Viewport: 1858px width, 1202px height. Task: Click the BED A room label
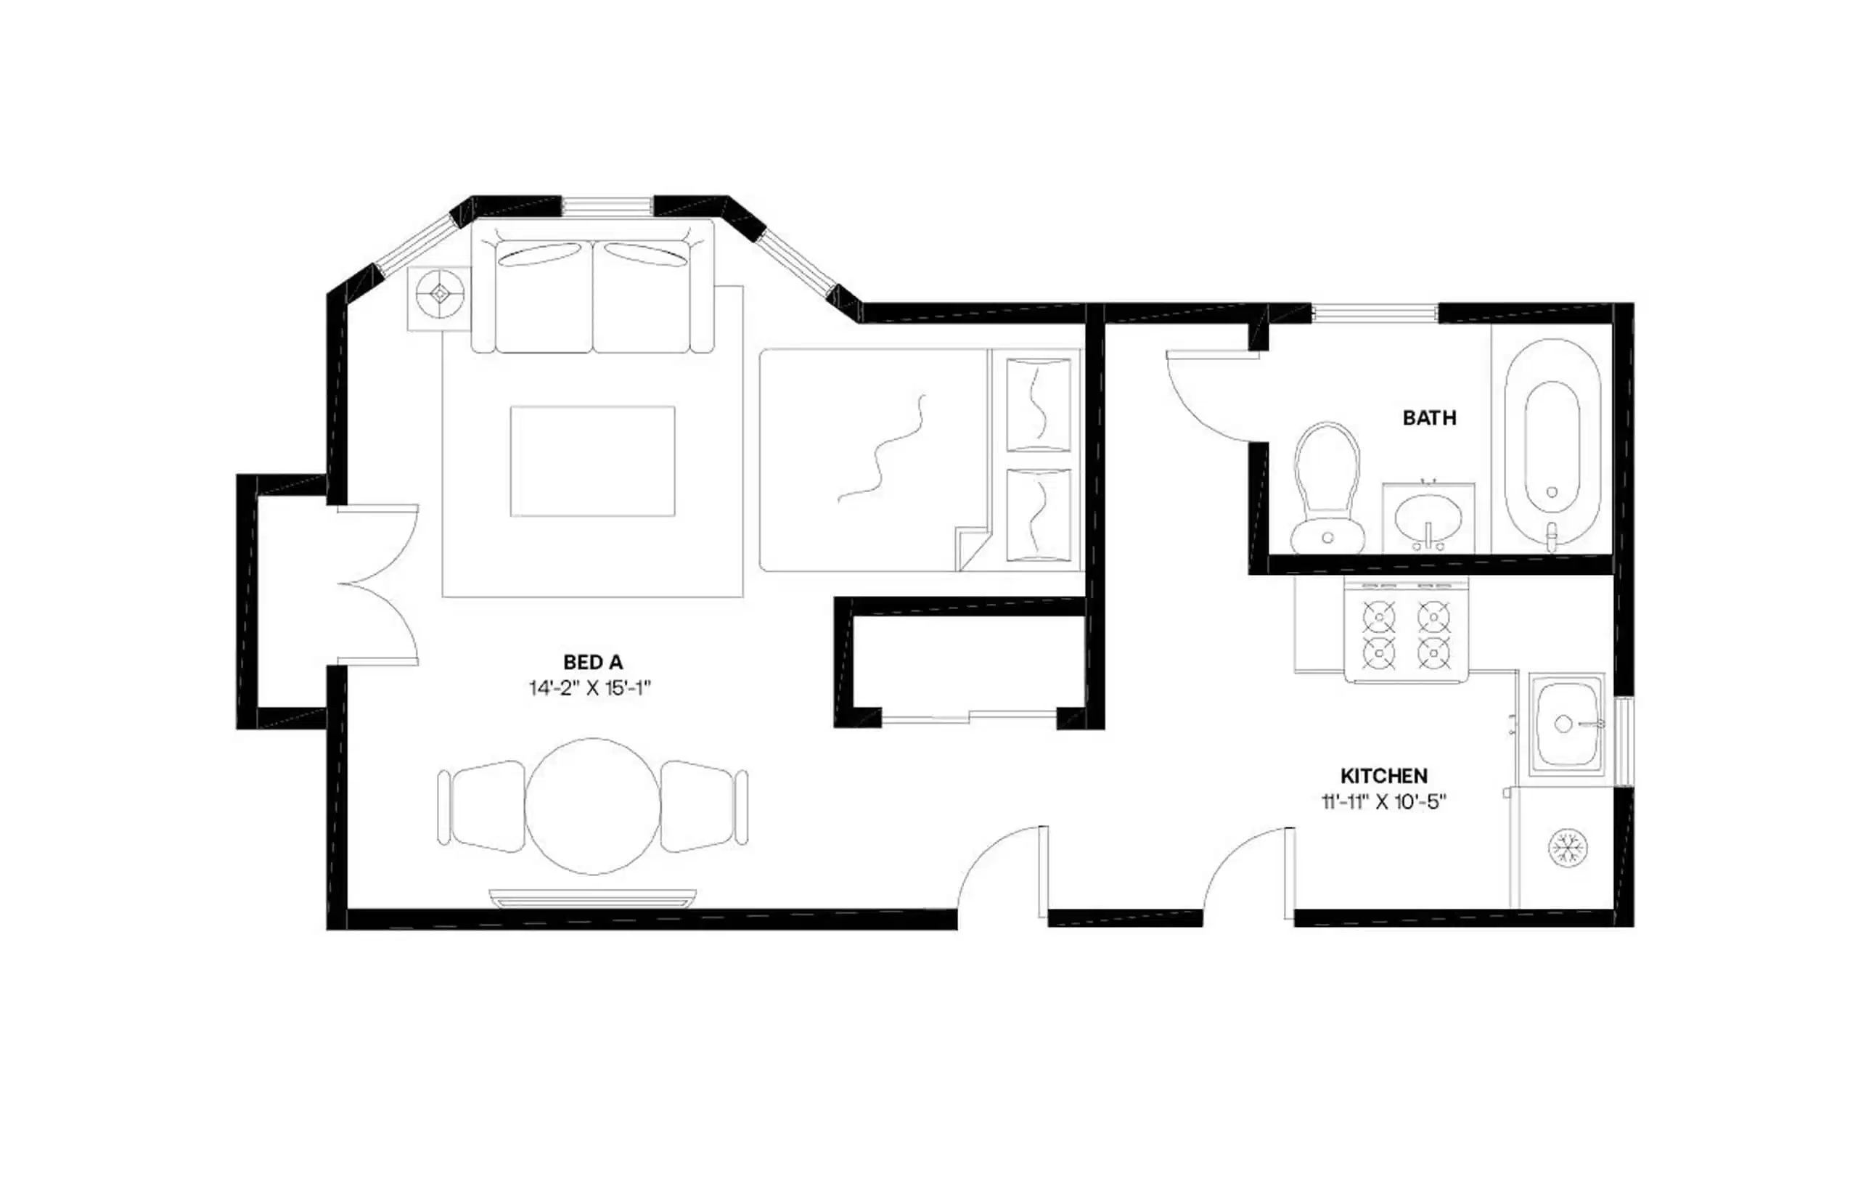tap(592, 662)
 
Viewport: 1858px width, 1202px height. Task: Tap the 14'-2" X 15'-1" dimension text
tap(589, 687)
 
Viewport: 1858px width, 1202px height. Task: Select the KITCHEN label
tap(1383, 776)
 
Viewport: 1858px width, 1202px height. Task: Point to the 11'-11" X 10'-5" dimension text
tap(1383, 801)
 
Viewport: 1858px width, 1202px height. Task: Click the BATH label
tap(1429, 418)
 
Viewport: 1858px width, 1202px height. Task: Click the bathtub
tap(1551, 445)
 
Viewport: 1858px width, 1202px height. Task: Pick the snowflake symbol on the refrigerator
tap(1567, 848)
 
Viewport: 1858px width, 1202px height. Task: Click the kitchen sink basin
tap(1565, 724)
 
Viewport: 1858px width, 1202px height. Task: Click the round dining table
tap(592, 806)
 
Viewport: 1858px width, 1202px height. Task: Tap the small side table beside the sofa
tap(440, 294)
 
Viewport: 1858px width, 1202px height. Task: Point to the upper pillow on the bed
tap(1038, 404)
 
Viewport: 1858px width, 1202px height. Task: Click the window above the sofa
tap(607, 206)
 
